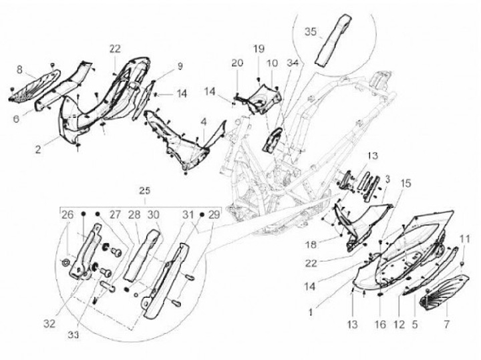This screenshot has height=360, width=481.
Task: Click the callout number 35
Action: point(311,31)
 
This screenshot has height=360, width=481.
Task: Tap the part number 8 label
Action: point(19,69)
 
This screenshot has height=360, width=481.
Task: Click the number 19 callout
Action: point(259,49)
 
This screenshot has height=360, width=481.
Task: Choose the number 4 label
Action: point(203,122)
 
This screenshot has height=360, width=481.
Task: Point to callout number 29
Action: point(213,215)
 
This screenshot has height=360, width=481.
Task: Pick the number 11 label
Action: point(465,238)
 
